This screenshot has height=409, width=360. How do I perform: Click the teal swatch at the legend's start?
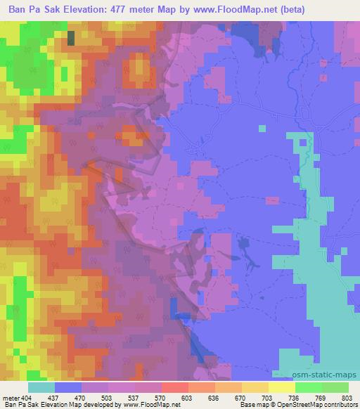click(x=41, y=387)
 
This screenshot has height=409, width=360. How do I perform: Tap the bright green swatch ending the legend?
click(x=335, y=387)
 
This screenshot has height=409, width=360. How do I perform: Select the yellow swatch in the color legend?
click(x=282, y=387)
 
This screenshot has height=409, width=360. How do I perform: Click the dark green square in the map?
click(x=71, y=38)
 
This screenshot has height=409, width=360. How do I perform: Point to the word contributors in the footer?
click(x=341, y=405)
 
